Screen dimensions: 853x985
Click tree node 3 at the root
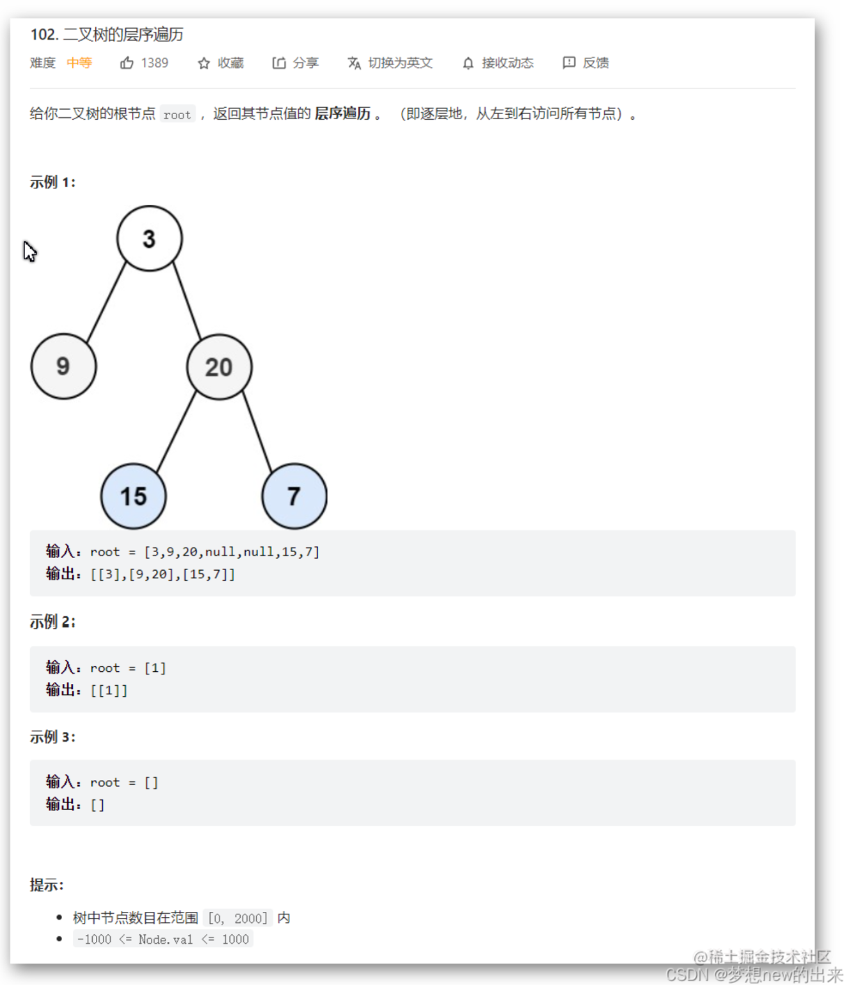tap(149, 239)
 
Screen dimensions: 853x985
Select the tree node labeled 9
tap(63, 366)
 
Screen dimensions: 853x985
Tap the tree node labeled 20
tap(219, 367)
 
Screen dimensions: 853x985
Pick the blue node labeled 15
tap(134, 496)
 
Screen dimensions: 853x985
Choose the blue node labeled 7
tap(294, 496)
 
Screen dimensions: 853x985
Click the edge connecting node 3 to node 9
tap(106, 302)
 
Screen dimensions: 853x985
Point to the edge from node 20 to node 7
tap(257, 432)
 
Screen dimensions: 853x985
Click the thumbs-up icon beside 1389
tap(127, 63)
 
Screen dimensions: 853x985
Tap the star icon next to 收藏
tap(203, 63)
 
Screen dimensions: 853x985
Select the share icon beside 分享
tap(278, 63)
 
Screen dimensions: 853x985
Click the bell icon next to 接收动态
tap(468, 63)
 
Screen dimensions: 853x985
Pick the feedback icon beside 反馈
tap(569, 63)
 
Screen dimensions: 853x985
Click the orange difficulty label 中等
tap(79, 63)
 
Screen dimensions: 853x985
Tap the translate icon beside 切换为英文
tap(354, 63)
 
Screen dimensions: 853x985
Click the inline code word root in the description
tap(177, 115)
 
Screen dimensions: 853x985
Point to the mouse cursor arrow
tap(29, 250)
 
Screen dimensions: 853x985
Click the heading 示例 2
tap(52, 622)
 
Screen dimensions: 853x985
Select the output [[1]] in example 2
tap(109, 690)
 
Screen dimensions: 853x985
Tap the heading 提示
tap(47, 885)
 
